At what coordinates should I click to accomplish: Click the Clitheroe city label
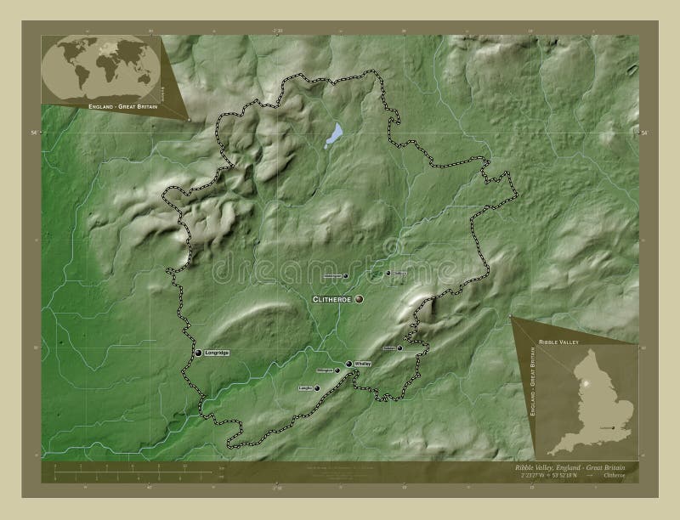click(x=332, y=300)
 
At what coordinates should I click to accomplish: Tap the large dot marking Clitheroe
click(x=360, y=299)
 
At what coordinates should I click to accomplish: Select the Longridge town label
click(x=217, y=353)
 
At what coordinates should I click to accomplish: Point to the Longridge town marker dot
click(x=198, y=353)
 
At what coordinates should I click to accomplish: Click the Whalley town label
click(x=364, y=364)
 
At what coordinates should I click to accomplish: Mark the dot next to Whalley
click(x=348, y=364)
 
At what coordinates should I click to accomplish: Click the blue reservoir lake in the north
click(x=336, y=134)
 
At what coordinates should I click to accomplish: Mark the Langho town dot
click(x=317, y=388)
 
